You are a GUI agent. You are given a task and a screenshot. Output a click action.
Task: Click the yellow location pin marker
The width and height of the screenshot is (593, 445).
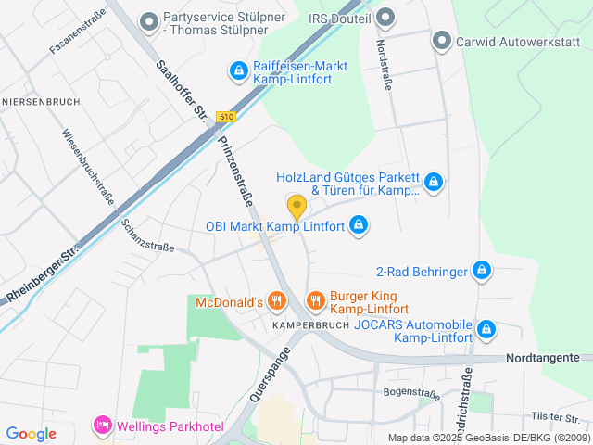(296, 207)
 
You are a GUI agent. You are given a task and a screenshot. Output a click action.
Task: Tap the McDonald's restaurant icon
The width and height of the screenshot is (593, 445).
(276, 300)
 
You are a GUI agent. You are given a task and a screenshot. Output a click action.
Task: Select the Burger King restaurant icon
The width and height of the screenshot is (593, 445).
(315, 299)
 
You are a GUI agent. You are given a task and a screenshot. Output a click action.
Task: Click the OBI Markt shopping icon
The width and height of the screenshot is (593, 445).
(360, 224)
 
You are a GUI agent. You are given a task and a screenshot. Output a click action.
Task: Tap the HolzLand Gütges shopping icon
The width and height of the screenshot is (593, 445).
(433, 183)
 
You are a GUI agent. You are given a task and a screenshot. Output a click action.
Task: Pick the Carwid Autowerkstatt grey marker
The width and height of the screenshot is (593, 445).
(442, 41)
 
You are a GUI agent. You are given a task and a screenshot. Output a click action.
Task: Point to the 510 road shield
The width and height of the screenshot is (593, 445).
(226, 116)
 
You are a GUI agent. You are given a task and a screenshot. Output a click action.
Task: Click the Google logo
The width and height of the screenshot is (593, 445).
(31, 433)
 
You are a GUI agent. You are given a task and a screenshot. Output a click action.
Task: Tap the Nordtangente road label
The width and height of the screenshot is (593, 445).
(543, 357)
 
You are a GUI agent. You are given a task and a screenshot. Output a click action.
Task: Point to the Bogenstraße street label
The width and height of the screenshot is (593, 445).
(410, 393)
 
